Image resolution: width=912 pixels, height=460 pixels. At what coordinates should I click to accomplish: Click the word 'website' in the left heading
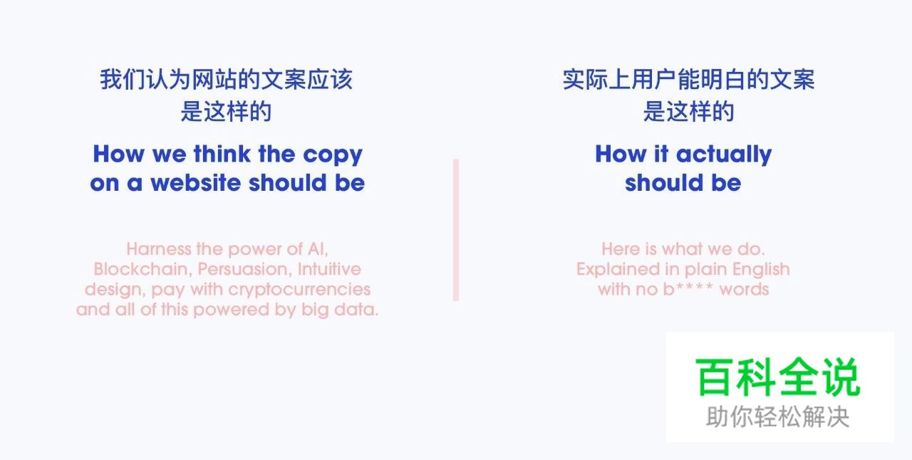pos(195,183)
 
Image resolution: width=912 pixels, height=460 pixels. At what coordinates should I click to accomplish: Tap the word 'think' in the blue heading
pos(221,154)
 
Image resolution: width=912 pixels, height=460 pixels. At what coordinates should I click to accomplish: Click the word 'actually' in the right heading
pos(724,155)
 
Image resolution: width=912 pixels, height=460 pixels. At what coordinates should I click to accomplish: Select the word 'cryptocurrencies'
pos(299,289)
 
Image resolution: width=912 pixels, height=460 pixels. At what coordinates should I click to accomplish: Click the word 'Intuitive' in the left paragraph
pos(329,269)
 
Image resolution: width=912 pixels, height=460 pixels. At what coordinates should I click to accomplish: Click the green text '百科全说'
pos(779,377)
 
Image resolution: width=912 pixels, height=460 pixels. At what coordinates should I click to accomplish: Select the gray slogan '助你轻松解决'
pos(778,417)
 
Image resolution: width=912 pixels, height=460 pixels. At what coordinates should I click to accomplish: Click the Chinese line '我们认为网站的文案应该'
pos(226,79)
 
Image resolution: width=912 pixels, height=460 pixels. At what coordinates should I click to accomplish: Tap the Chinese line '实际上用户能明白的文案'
pos(688,79)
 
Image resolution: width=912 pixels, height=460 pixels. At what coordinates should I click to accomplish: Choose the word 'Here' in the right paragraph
pos(621,249)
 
